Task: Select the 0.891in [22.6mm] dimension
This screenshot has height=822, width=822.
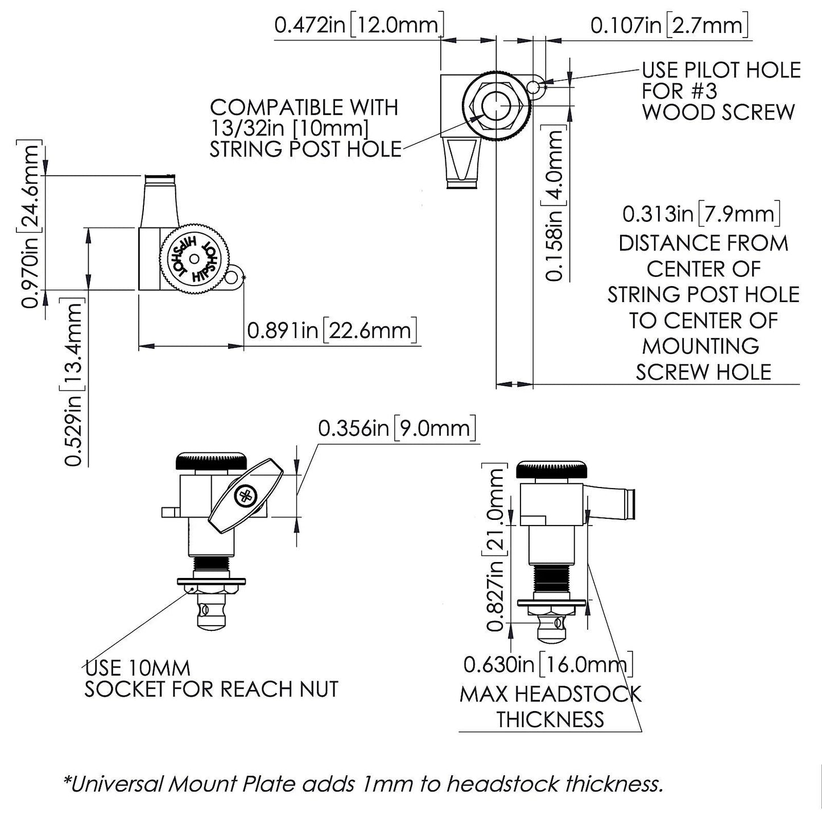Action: (x=332, y=331)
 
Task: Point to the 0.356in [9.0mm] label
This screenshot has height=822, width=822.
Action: (x=396, y=428)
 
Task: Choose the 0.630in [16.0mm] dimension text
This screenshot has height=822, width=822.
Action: (x=548, y=663)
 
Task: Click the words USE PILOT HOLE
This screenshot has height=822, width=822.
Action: (x=721, y=71)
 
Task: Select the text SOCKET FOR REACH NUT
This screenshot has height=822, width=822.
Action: (x=211, y=689)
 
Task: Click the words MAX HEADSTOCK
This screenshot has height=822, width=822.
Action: (x=550, y=694)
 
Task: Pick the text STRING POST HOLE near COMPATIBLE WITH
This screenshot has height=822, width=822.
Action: (x=305, y=149)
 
